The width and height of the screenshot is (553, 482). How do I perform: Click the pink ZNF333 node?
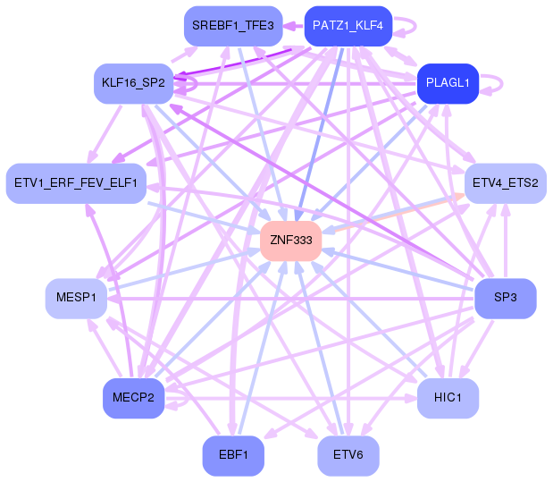290,241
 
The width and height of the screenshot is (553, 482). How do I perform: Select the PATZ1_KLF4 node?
348,25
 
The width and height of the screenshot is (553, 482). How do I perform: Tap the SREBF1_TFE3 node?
233,25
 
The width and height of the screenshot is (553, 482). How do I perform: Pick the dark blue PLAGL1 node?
448,83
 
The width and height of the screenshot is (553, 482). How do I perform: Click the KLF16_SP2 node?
133,83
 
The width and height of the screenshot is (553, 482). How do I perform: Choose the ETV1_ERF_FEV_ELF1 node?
76,183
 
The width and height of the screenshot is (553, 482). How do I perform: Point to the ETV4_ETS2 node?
505,183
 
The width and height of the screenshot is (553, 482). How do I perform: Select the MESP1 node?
76,298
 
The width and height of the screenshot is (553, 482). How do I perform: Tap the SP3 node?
505,298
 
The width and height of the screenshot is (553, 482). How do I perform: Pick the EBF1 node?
233,456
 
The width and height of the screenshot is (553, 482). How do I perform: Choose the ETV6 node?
348,456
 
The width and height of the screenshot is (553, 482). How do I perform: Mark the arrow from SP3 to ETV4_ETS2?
506,241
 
